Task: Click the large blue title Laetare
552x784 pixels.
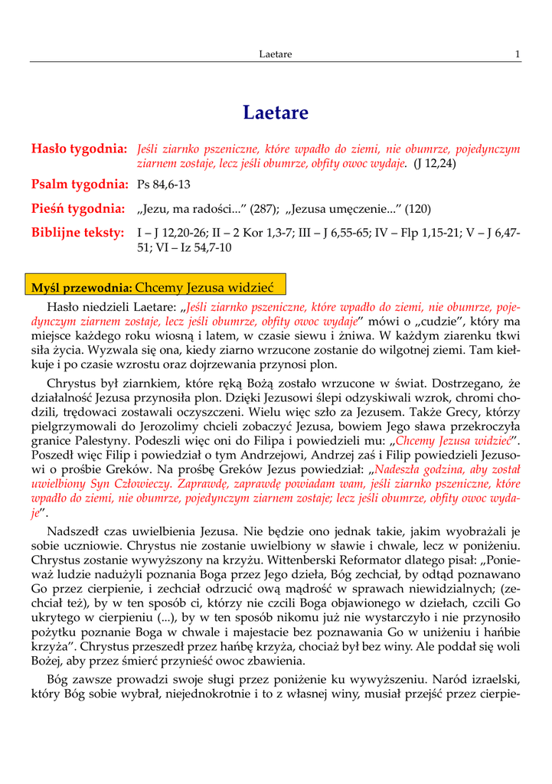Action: [276, 113]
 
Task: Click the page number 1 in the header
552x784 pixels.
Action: [518, 54]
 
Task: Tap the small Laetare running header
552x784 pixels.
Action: [276, 54]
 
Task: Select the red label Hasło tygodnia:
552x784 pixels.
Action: [79, 149]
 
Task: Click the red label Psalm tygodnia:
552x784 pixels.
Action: [79, 185]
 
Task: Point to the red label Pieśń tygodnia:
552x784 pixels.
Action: [78, 209]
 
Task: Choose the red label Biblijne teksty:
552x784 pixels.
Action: [77, 233]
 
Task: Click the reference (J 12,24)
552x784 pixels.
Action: [434, 164]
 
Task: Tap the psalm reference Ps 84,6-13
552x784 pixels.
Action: [164, 185]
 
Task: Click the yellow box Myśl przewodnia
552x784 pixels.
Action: [155, 287]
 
